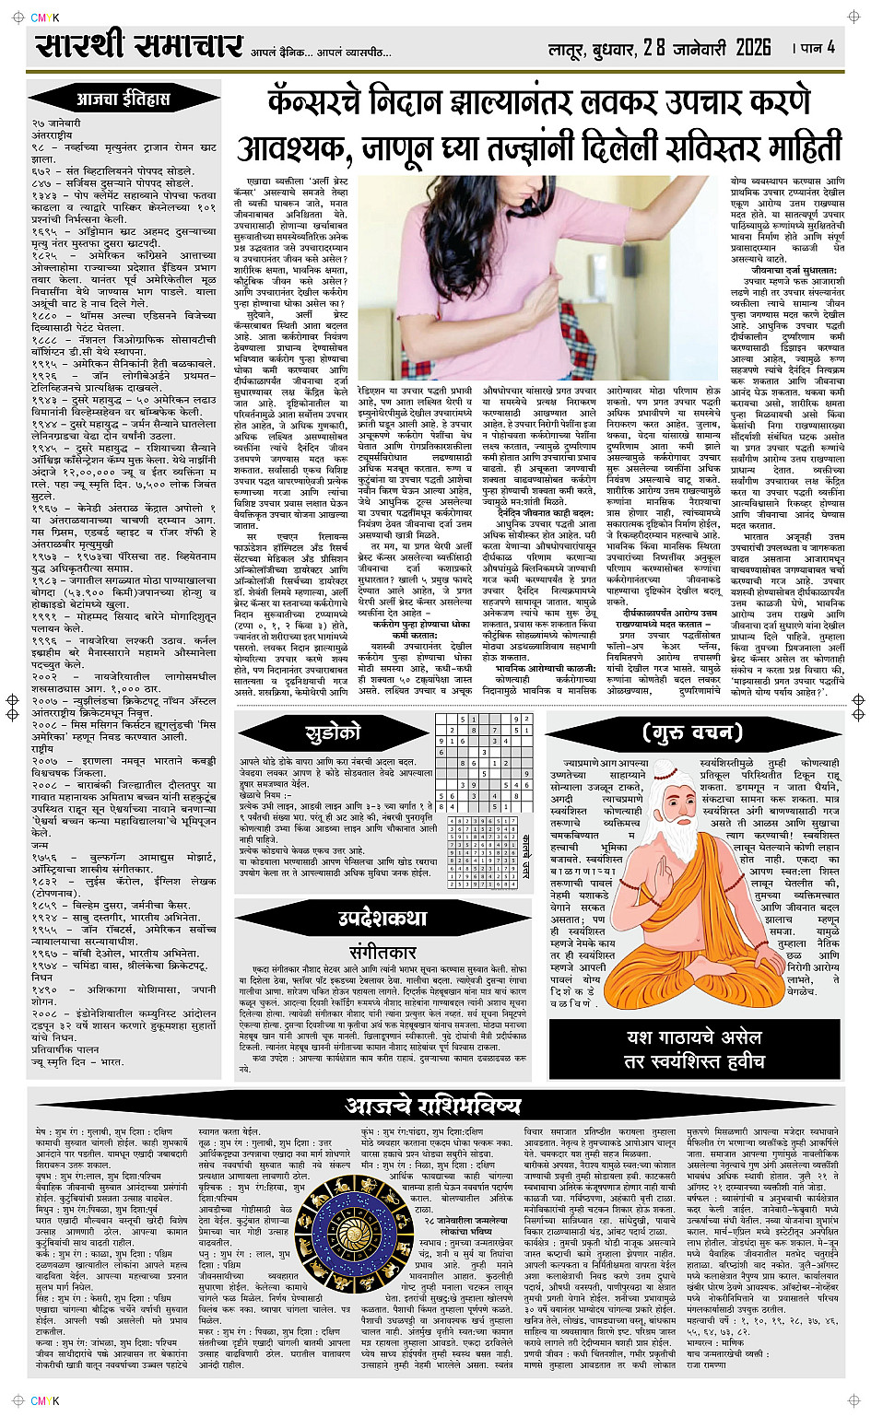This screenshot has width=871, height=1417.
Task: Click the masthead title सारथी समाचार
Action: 140,47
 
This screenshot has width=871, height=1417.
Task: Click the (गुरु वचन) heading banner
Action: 693,733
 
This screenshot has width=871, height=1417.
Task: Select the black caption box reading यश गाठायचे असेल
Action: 694,1048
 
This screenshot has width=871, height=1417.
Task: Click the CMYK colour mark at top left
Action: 43,18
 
